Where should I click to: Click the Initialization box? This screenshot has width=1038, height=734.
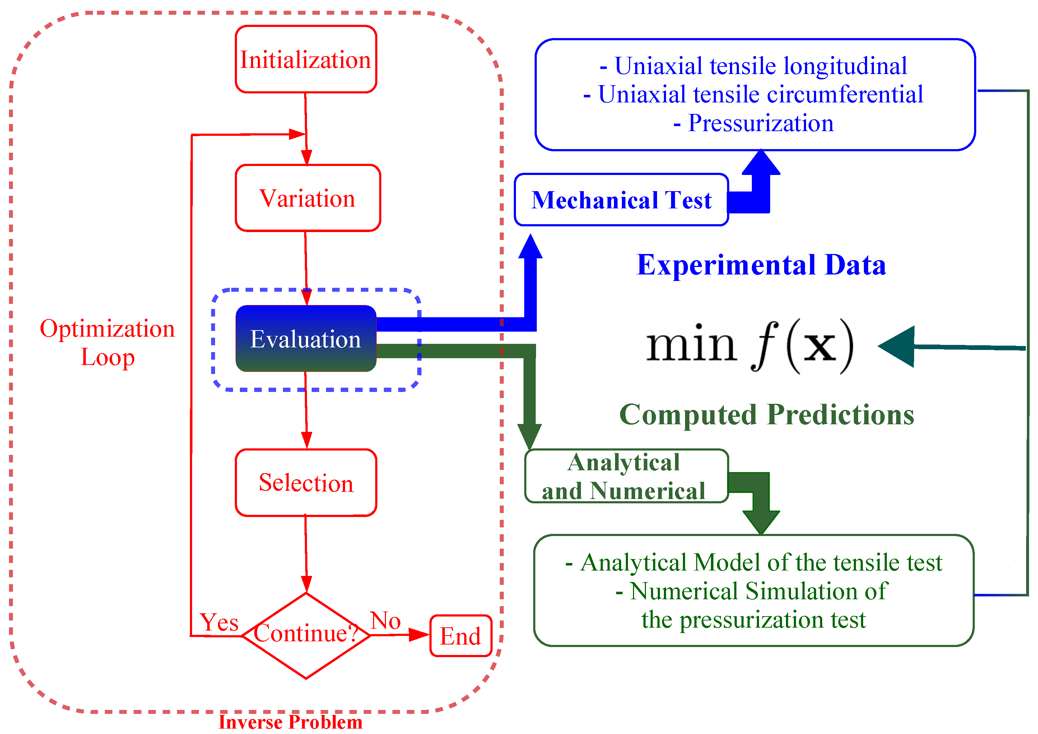coord(306,59)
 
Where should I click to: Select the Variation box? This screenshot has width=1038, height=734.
coord(308,198)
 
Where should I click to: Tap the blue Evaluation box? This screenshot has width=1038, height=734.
coord(306,339)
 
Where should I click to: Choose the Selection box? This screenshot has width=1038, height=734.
coord(306,483)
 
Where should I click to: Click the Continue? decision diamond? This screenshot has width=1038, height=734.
coord(306,636)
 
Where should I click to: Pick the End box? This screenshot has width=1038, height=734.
coord(461,636)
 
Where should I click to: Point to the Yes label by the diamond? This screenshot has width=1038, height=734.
coord(219,622)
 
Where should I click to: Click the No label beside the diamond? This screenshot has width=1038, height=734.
coord(386,620)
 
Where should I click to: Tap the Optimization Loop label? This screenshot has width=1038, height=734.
coord(108,343)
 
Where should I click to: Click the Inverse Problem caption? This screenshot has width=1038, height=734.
coord(291,722)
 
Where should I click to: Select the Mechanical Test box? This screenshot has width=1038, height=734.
coord(622,199)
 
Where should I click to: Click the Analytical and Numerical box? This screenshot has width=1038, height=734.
coord(627,476)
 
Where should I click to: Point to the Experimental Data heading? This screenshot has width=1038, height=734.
coord(761,265)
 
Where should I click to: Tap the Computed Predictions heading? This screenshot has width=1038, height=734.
coord(767,415)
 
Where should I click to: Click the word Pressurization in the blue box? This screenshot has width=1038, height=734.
coord(761,123)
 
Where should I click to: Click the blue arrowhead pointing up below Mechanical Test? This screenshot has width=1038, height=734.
coord(530,246)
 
